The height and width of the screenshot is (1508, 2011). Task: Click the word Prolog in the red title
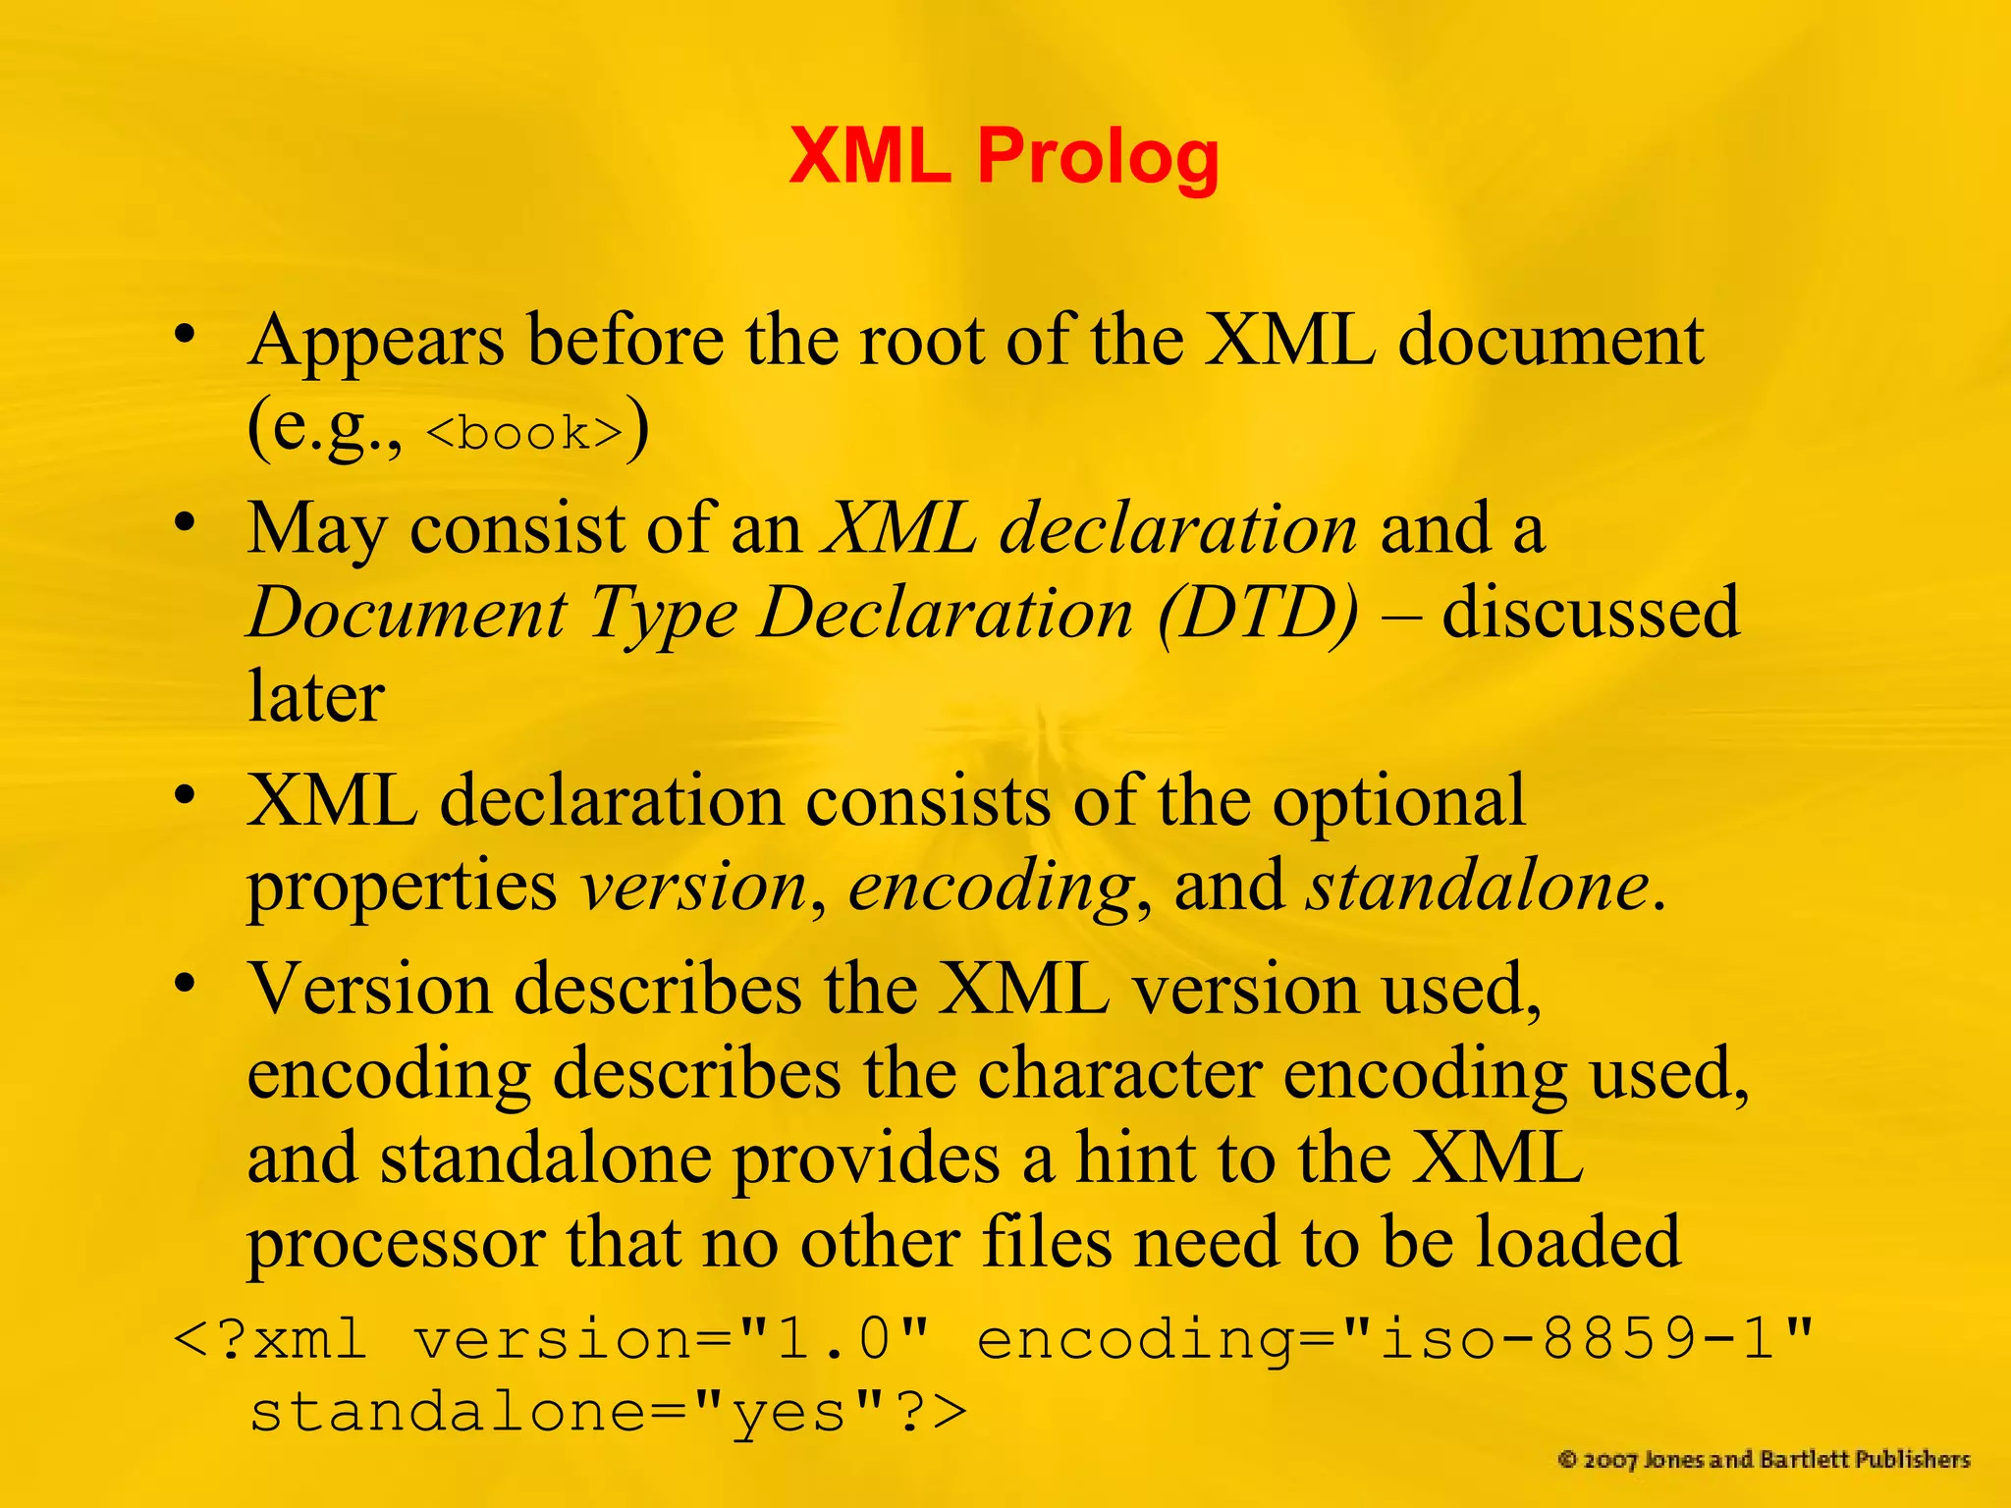(1098, 157)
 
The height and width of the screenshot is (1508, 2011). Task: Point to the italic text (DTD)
(1259, 614)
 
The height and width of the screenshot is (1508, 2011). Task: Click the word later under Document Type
(315, 695)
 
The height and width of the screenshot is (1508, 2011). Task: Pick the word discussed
(1590, 612)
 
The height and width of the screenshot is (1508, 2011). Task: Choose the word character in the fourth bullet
(1119, 1073)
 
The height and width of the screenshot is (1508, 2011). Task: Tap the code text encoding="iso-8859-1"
(1394, 1338)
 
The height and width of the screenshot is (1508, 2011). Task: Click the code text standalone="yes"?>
(609, 1413)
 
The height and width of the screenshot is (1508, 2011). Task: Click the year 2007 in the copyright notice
(1610, 1460)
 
